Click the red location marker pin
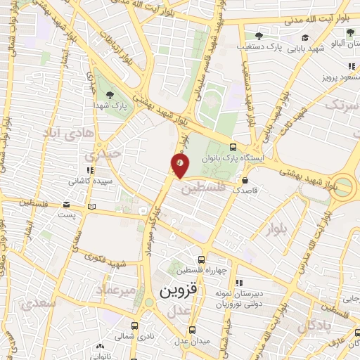pyautogui.click(x=180, y=166)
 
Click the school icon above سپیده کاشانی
pyautogui.click(x=89, y=170)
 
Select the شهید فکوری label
pyautogui.click(x=107, y=264)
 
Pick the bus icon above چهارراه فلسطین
pyautogui.click(x=201, y=259)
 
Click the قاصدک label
pyautogui.click(x=245, y=190)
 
